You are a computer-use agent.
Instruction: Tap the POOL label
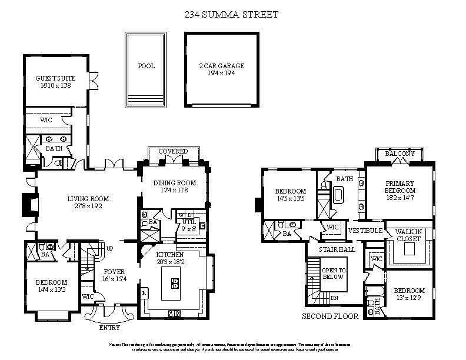(146, 66)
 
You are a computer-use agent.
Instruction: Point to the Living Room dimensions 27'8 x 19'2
(88, 207)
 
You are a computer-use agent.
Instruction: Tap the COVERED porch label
(173, 152)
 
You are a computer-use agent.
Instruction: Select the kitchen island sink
(175, 284)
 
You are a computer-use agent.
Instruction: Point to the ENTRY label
(109, 328)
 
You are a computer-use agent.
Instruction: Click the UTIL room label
(188, 222)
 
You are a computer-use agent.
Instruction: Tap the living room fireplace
(26, 204)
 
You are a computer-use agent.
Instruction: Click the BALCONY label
(400, 154)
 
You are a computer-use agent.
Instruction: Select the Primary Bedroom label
(400, 187)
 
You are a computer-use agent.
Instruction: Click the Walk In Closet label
(408, 235)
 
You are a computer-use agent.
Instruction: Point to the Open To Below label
(333, 274)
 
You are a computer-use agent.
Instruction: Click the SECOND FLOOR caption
(330, 316)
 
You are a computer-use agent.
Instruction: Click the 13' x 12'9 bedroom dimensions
(409, 298)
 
